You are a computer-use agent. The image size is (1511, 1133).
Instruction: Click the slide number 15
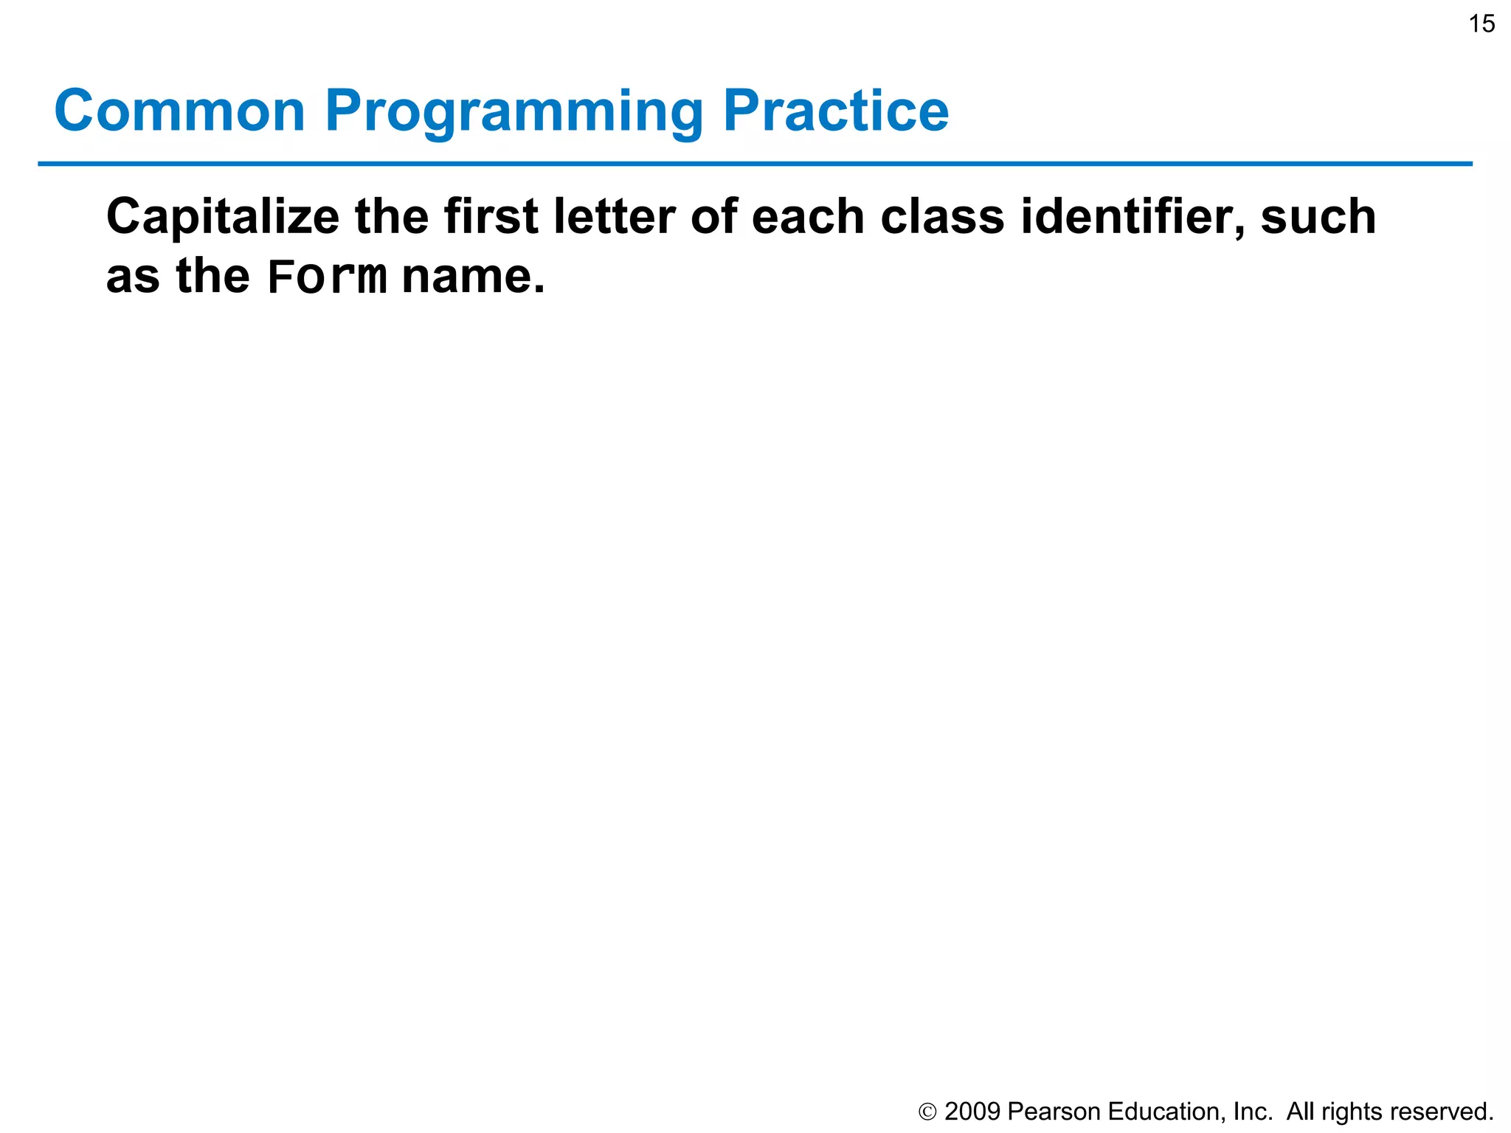click(1481, 24)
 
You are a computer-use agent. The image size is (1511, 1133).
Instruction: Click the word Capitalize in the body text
click(223, 218)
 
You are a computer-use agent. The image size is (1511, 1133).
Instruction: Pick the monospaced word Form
click(327, 277)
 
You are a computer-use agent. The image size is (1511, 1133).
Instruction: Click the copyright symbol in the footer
click(927, 1112)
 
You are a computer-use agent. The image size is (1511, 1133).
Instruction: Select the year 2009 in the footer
click(972, 1111)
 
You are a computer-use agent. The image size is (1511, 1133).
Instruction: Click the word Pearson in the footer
click(1054, 1111)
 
